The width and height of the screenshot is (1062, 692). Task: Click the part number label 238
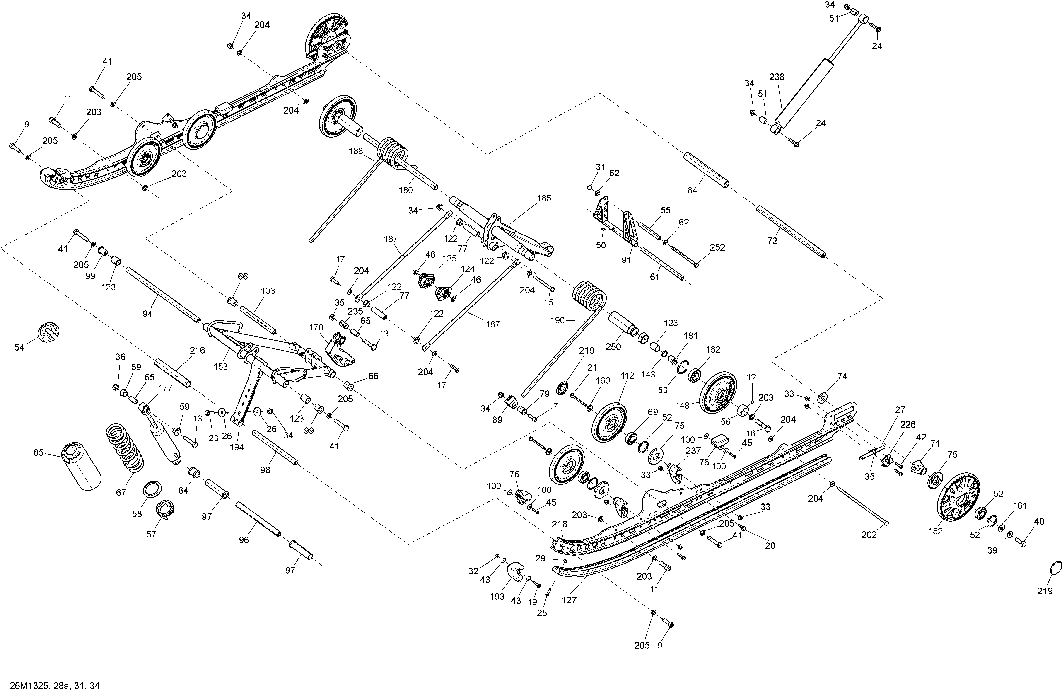(x=777, y=77)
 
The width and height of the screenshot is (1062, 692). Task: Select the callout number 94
(x=147, y=314)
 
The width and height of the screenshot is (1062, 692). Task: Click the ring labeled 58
(x=152, y=489)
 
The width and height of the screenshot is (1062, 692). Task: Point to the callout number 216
(x=197, y=351)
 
